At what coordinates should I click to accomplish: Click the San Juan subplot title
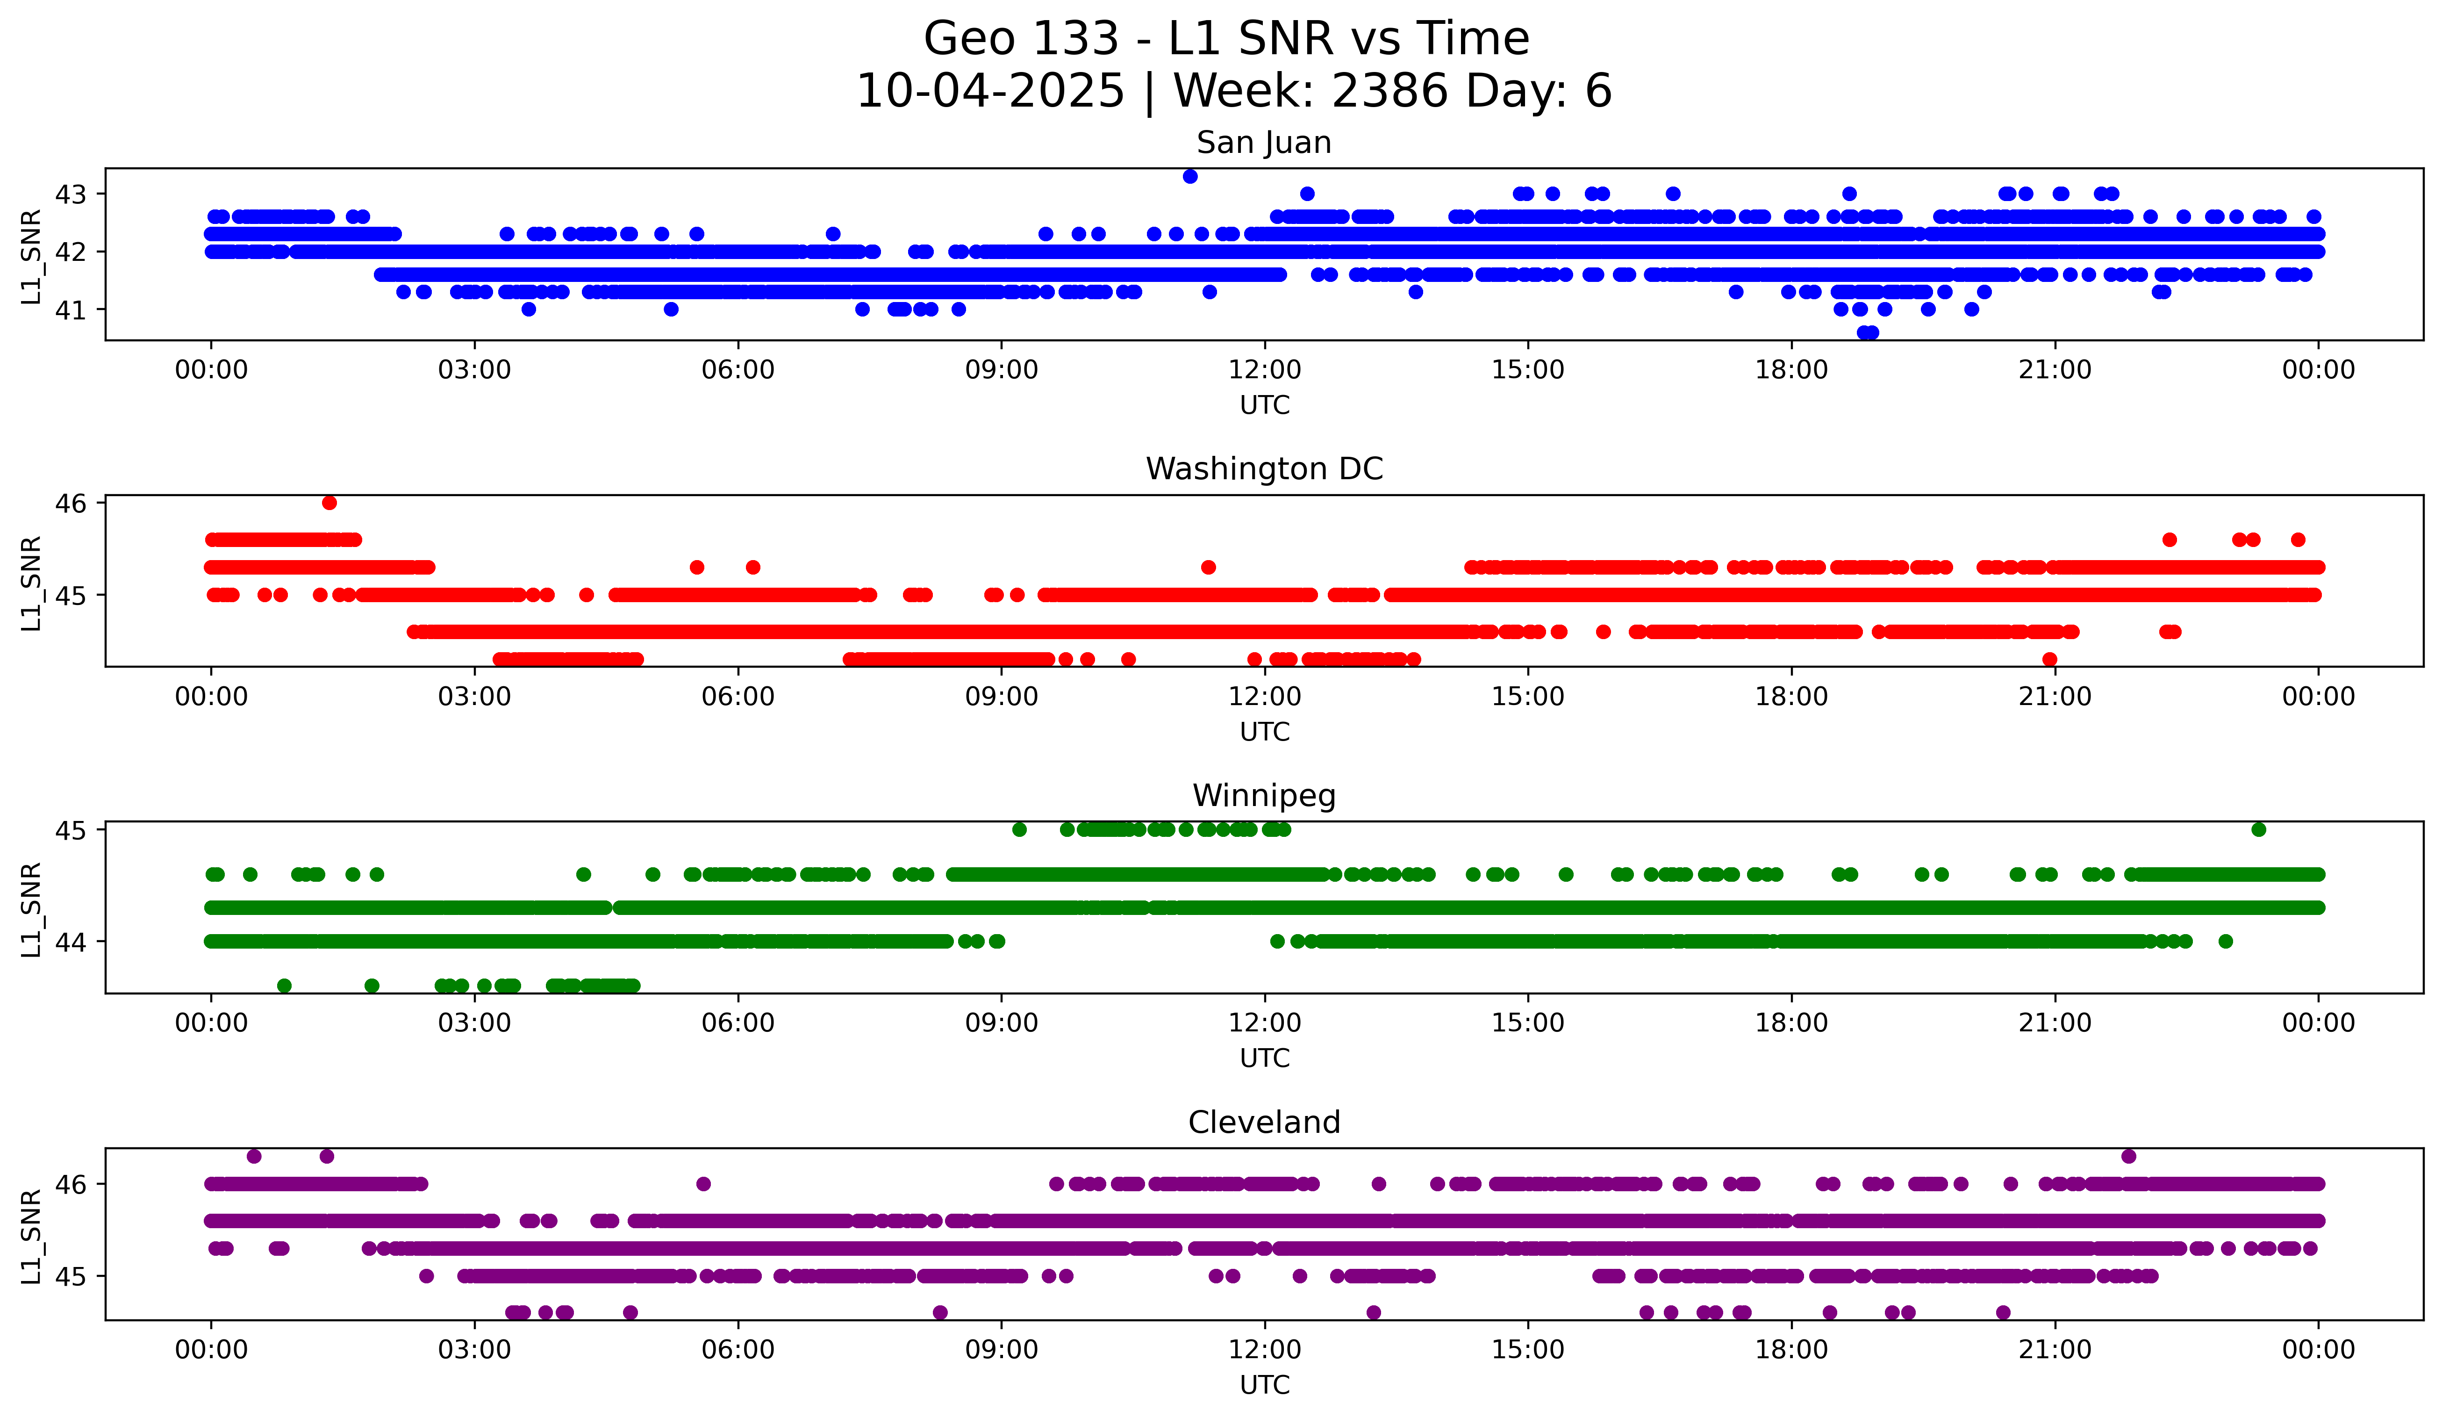pyautogui.click(x=1264, y=143)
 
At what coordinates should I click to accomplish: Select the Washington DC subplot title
pyautogui.click(x=1264, y=469)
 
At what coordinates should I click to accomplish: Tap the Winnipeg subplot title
pyautogui.click(x=1264, y=796)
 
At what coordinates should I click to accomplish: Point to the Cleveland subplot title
pyautogui.click(x=1264, y=1123)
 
